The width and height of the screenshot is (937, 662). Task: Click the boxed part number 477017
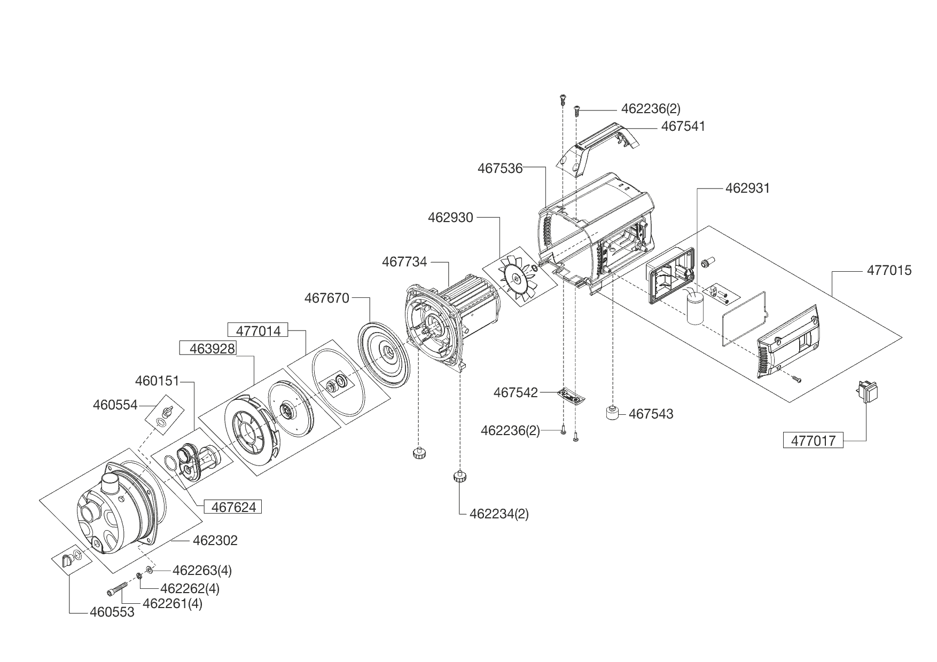[813, 441]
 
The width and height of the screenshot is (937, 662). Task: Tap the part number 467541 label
[683, 127]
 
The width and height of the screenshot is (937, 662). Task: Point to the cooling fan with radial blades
[516, 278]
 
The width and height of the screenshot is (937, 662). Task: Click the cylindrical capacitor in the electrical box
[695, 308]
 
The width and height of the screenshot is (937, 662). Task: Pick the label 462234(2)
[499, 514]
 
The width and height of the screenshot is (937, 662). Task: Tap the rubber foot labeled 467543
[613, 414]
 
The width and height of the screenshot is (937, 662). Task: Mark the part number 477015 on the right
[889, 271]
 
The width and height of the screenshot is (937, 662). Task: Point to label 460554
[115, 405]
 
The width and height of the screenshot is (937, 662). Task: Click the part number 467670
[326, 298]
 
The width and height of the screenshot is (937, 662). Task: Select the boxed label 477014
[258, 330]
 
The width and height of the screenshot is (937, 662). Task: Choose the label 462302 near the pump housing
[215, 540]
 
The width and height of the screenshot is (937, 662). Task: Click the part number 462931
[747, 188]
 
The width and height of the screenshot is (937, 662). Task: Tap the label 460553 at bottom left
[112, 612]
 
